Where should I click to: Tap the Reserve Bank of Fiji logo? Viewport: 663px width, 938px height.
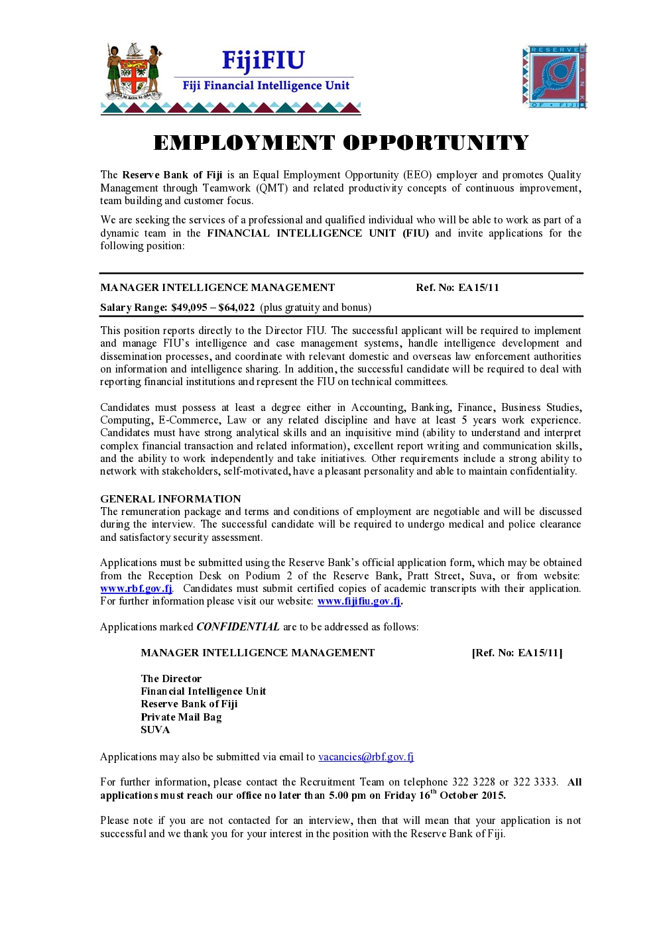click(x=554, y=76)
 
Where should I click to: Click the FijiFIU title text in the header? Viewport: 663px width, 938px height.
click(x=263, y=61)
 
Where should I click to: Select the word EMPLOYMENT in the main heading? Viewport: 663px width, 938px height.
click(x=244, y=143)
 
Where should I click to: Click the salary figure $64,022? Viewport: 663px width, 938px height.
click(x=237, y=308)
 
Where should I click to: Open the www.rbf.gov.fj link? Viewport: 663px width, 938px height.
click(x=136, y=589)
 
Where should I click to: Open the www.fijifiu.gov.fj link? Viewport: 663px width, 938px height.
click(x=359, y=601)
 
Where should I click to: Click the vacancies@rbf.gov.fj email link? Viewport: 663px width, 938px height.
click(x=366, y=757)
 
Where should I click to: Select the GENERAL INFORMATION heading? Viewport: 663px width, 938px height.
click(x=170, y=499)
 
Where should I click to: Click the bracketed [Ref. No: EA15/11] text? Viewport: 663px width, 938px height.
click(x=517, y=653)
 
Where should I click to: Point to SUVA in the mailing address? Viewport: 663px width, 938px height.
click(x=155, y=730)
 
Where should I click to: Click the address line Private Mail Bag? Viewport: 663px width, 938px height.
click(x=181, y=717)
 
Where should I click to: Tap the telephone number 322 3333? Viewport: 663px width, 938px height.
click(x=535, y=782)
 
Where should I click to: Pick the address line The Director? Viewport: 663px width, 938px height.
click(x=171, y=679)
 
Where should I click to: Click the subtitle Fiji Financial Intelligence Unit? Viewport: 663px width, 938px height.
click(x=266, y=86)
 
